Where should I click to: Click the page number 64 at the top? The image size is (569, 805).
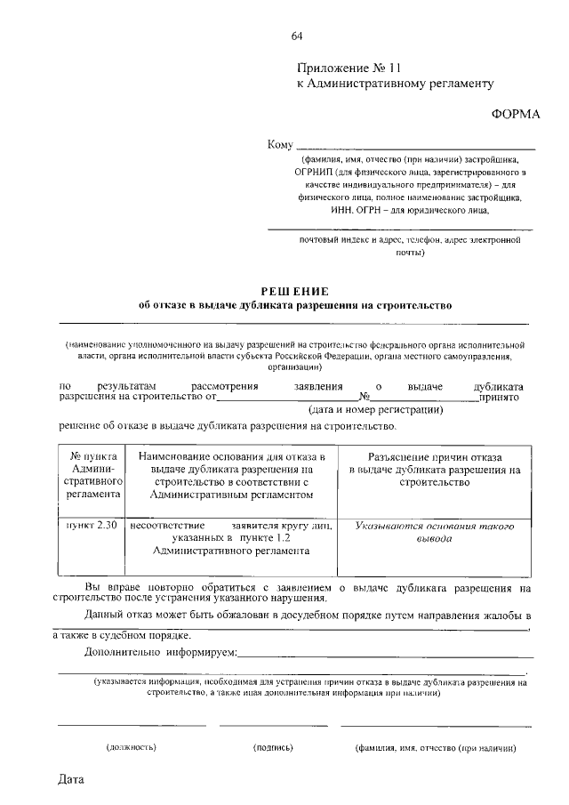(x=297, y=36)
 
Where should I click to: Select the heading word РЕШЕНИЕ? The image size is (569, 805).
(x=295, y=291)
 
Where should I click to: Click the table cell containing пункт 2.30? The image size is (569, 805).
(x=92, y=526)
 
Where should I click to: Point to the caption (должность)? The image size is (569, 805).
(x=132, y=749)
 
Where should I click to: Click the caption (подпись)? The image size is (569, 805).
(x=273, y=749)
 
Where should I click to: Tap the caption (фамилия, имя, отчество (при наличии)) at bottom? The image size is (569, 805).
(x=435, y=749)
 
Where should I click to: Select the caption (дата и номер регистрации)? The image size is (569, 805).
(x=375, y=410)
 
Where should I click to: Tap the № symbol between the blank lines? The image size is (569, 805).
(x=364, y=398)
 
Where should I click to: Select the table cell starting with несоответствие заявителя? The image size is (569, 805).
(x=230, y=538)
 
